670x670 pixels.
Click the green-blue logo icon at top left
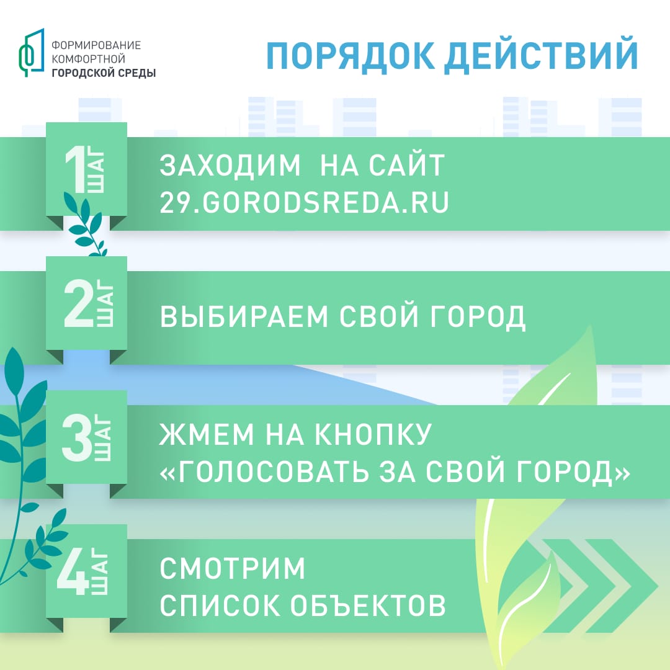[x=31, y=52]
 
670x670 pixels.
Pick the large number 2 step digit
[x=78, y=304]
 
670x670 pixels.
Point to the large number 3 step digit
[x=78, y=438]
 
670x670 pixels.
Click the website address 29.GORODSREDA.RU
[x=304, y=203]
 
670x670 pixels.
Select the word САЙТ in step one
[x=406, y=166]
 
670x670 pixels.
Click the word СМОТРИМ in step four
[x=233, y=569]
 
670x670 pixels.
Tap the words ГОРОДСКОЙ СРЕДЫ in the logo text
[x=103, y=73]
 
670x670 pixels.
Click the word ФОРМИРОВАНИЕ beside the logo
[x=96, y=45]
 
